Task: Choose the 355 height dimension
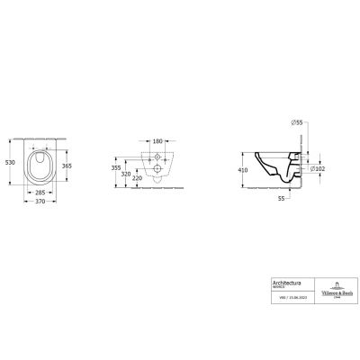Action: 115,167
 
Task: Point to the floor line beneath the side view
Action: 279,190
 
